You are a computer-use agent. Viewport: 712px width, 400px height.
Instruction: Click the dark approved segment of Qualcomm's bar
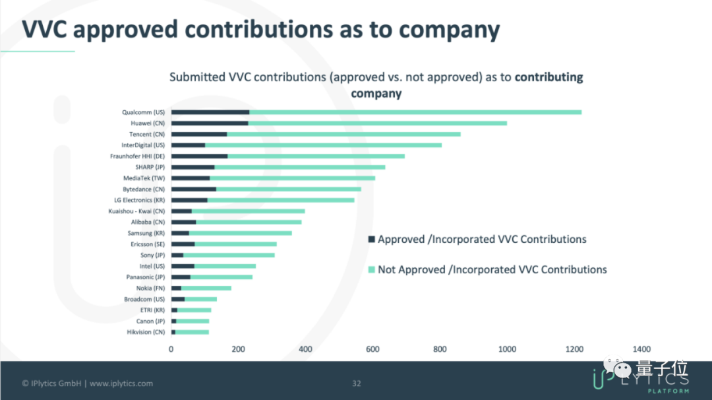pyautogui.click(x=210, y=112)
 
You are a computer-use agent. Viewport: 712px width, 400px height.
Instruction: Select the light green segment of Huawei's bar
pyautogui.click(x=378, y=123)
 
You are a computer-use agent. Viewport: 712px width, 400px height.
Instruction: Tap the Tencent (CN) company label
pyautogui.click(x=143, y=134)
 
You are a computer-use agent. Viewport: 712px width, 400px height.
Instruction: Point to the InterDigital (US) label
pyautogui.click(x=143, y=145)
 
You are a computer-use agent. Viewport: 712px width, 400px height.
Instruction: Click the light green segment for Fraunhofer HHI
pyautogui.click(x=316, y=156)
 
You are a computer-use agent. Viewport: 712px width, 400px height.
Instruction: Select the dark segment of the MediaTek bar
pyautogui.click(x=191, y=178)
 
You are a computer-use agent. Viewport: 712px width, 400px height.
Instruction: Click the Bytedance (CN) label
pyautogui.click(x=144, y=189)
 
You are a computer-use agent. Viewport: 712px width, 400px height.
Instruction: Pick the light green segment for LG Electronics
pyautogui.click(x=281, y=200)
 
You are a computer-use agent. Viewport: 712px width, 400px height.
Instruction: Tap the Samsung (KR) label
pyautogui.click(x=146, y=233)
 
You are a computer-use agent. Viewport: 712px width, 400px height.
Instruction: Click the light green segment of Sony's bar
pyautogui.click(x=229, y=255)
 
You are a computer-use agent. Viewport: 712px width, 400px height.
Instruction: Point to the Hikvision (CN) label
pyautogui.click(x=146, y=332)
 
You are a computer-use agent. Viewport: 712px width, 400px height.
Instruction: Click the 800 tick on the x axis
pyautogui.click(x=440, y=350)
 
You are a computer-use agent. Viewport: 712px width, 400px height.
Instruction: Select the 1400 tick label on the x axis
pyautogui.click(x=641, y=350)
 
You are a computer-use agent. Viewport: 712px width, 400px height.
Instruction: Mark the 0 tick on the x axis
pyautogui.click(x=171, y=350)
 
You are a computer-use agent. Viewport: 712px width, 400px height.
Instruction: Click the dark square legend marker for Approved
pyautogui.click(x=371, y=240)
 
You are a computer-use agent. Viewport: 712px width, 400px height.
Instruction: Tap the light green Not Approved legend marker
pyautogui.click(x=371, y=270)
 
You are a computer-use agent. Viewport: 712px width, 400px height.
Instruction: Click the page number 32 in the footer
pyautogui.click(x=357, y=383)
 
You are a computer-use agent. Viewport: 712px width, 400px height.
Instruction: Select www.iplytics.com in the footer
pyautogui.click(x=121, y=383)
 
